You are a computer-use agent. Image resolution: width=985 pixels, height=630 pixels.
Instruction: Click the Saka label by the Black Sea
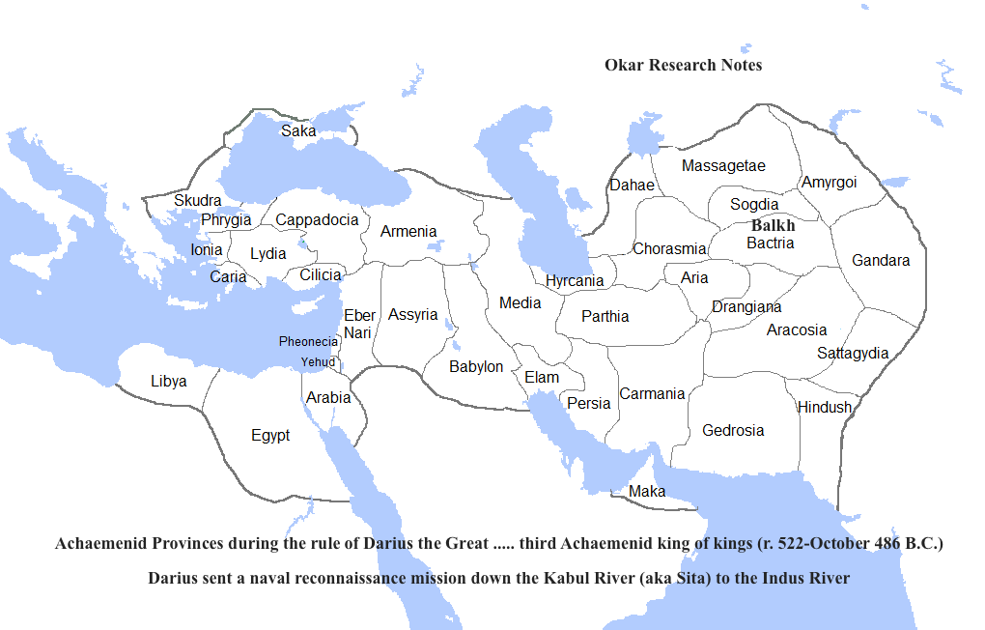point(297,130)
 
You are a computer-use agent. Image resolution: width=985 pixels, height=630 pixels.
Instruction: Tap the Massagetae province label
point(723,166)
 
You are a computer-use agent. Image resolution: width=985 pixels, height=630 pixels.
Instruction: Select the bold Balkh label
point(773,225)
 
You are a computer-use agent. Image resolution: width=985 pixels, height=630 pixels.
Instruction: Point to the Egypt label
point(270,436)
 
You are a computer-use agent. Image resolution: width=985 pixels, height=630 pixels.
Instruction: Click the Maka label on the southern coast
point(646,491)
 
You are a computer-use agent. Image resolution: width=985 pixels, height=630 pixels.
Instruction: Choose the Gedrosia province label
point(733,430)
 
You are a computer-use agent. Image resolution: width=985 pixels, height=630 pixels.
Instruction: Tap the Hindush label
point(825,407)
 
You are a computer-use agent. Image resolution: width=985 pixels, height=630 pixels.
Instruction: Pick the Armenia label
point(408,232)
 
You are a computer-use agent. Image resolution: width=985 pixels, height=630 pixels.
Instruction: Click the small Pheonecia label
point(308,341)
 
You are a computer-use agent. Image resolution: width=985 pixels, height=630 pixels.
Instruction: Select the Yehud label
point(318,361)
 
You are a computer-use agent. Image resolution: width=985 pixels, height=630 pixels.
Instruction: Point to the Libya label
point(169,381)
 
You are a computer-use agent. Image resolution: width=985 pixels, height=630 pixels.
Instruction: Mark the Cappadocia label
point(317,219)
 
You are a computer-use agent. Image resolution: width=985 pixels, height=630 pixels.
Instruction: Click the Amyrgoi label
point(829,182)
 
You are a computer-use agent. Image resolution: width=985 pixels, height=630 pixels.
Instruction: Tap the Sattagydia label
point(853,353)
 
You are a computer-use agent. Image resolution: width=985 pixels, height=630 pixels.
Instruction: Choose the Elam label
point(542,377)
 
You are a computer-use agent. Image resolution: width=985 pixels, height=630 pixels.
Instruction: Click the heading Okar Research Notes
point(683,65)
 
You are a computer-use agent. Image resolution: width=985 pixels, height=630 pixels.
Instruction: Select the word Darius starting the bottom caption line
point(175,579)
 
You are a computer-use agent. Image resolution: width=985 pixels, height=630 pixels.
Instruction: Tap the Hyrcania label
point(575,281)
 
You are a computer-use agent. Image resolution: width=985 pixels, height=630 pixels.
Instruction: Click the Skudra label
point(197,200)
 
